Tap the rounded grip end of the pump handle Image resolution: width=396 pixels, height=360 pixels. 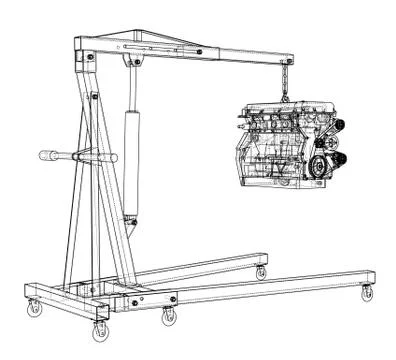click(45, 156)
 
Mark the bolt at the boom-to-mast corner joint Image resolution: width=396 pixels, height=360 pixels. click(91, 58)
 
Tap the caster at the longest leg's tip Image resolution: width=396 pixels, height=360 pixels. click(366, 292)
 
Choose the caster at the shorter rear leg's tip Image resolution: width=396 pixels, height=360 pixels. click(261, 272)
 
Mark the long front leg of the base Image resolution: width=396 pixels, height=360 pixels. click(270, 285)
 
